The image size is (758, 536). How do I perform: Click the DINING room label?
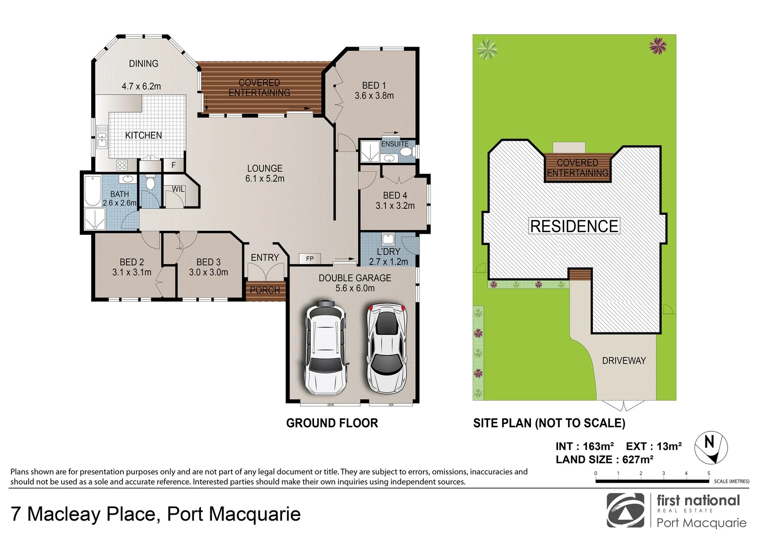tap(143, 64)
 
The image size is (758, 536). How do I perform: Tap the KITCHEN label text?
tap(143, 135)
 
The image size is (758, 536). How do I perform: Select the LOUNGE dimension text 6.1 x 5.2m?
tap(265, 179)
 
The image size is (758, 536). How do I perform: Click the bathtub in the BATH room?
tap(93, 191)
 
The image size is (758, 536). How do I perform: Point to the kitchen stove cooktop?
tap(122, 165)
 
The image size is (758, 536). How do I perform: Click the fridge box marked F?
tap(174, 165)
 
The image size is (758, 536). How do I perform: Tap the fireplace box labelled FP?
tap(310, 259)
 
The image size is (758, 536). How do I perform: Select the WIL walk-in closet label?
tap(178, 189)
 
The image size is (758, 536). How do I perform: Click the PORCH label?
tap(265, 290)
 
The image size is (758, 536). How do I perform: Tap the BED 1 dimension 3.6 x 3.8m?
tap(374, 96)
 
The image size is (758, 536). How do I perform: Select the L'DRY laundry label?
tap(388, 252)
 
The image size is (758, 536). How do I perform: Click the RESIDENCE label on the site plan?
tap(574, 226)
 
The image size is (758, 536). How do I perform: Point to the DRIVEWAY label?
tap(624, 361)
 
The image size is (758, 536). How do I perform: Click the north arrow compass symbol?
tap(710, 446)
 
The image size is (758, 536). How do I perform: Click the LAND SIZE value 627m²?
tap(637, 460)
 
